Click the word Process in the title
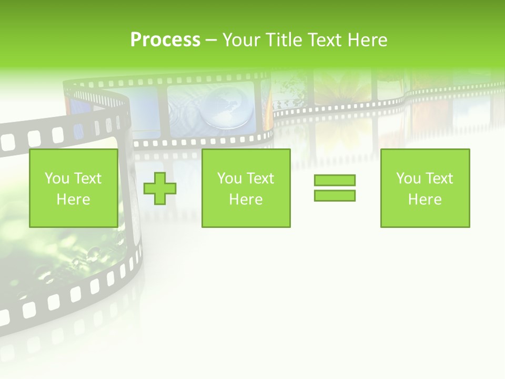coord(165,40)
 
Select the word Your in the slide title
coord(240,40)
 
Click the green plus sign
coord(160,188)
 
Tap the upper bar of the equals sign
coord(335,181)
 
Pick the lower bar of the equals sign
coord(335,195)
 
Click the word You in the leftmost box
coord(57,178)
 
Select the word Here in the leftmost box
coord(73,200)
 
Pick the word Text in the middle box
coord(261,178)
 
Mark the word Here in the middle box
coord(246,200)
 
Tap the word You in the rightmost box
coord(409,178)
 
